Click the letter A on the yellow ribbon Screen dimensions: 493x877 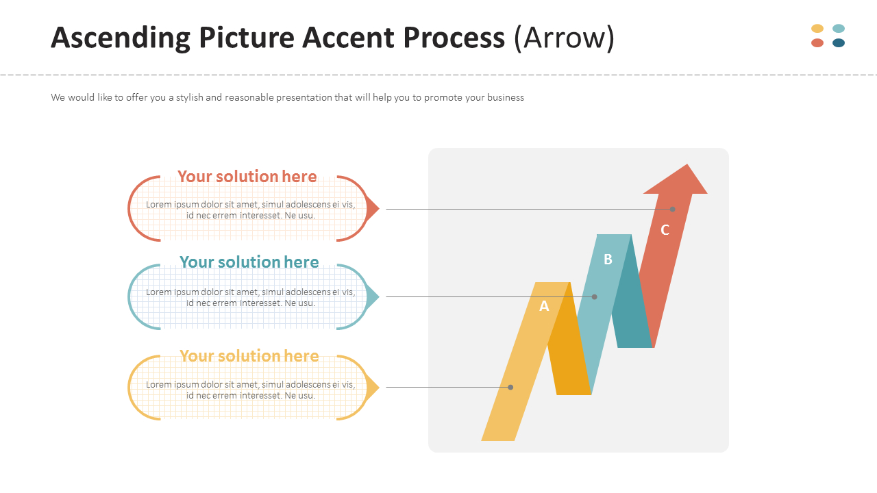pos(544,306)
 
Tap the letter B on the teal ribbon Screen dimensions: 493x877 pos(608,259)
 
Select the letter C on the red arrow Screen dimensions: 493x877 pos(665,230)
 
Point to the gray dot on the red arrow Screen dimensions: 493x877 pos(672,209)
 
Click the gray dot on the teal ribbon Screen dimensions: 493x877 pos(594,296)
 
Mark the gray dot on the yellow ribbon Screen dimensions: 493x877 pos(510,387)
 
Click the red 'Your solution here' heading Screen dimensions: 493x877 pos(247,177)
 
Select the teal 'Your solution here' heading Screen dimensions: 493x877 pos(249,262)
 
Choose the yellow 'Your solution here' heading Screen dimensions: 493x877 pos(249,356)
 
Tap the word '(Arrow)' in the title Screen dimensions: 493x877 pos(564,38)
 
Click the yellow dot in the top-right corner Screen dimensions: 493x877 pos(817,29)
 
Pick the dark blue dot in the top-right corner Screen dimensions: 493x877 pos(839,43)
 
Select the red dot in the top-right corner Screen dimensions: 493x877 pos(817,43)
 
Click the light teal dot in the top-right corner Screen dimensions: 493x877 pos(839,29)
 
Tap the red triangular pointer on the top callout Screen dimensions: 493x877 pos(372,208)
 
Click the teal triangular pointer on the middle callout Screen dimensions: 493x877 pos(372,297)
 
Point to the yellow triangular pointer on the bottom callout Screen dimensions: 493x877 pos(372,388)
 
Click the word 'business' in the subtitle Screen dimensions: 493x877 pos(505,98)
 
